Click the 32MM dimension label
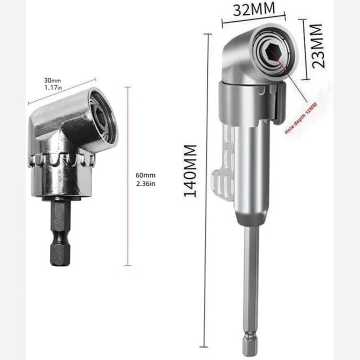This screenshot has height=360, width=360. (x=254, y=9)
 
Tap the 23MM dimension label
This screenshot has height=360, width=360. (x=319, y=46)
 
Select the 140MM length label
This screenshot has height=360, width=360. (x=190, y=171)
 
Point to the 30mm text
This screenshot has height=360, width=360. (x=53, y=80)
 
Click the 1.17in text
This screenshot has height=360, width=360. (x=53, y=87)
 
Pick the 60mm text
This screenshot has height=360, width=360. (x=145, y=175)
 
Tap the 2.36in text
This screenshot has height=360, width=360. (x=146, y=184)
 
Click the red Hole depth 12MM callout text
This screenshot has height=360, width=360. (x=301, y=118)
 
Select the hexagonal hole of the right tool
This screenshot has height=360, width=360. (x=273, y=50)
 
